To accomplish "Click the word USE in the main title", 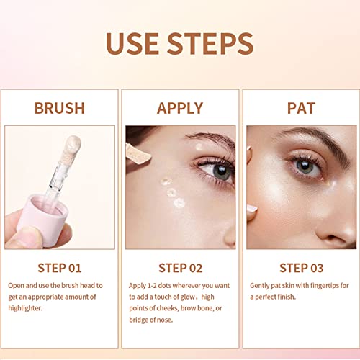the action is pyautogui.click(x=132, y=43).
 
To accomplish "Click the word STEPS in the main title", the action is pyautogui.click(x=210, y=43).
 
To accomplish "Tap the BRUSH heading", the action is pyautogui.click(x=60, y=108).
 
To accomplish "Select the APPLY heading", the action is pyautogui.click(x=180, y=108).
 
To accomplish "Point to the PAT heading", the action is pyautogui.click(x=301, y=108).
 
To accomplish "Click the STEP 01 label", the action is pyautogui.click(x=60, y=268).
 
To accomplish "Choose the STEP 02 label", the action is pyautogui.click(x=181, y=268).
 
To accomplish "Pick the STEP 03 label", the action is pyautogui.click(x=302, y=268).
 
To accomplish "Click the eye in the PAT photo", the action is pyautogui.click(x=305, y=166).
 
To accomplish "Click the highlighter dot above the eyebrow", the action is pyautogui.click(x=199, y=146).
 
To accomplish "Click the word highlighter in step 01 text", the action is pyautogui.click(x=25, y=308).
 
